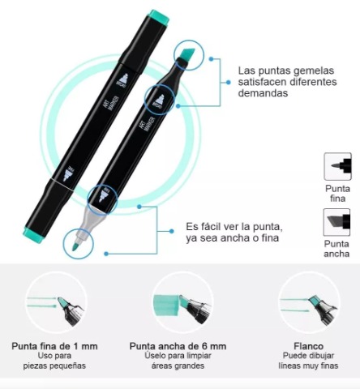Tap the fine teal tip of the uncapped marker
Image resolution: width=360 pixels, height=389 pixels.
pos(75,246)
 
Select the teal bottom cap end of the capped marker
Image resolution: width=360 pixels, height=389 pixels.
pos(34,234)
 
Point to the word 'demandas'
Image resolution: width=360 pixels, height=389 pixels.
pos(263,93)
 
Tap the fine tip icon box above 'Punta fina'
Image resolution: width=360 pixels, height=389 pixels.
pos(338,166)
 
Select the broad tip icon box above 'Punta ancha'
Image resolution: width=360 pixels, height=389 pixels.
pos(337,222)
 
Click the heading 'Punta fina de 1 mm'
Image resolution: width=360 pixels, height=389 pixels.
pos(54,346)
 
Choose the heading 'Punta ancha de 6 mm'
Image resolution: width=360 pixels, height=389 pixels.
pos(178,346)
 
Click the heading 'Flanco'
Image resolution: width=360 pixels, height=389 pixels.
pos(308,346)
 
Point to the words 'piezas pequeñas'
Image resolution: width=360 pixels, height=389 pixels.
pos(54,365)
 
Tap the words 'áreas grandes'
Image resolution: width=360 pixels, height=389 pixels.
pos(178,365)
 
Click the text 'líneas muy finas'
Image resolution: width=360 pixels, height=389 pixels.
pos(308,365)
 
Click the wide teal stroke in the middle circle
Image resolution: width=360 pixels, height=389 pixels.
pos(166,305)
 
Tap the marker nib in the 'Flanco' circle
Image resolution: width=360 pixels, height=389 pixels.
pos(314,301)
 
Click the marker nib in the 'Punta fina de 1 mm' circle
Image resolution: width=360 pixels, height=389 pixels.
pos(62,302)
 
